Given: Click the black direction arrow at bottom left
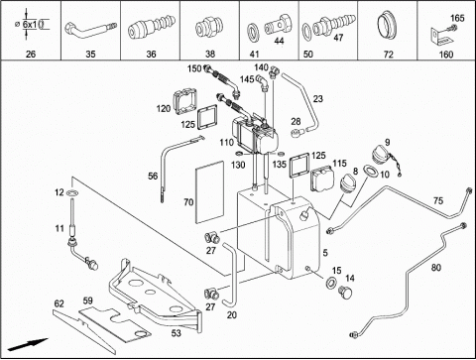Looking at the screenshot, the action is pos(28,344).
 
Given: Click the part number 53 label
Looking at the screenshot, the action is pos(177,333).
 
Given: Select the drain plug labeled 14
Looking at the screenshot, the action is pos(345,292).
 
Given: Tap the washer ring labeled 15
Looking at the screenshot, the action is pos(331,283).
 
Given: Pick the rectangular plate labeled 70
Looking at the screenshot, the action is pos(210,191).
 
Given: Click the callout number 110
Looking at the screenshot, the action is pos(227,143).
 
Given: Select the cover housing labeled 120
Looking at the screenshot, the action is pos(184,101).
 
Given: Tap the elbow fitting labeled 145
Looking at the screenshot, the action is pos(264,81).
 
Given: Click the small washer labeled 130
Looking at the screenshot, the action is pos(239,154).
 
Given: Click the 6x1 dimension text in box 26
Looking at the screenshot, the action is pos(30,24).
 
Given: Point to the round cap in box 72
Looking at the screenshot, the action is pos(388,27).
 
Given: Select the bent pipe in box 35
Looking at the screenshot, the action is pos(90,29).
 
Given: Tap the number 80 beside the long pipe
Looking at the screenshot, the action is pos(436,267).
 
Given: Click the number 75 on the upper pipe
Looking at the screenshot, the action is pos(438,200).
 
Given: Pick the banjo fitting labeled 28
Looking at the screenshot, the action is pos(297,133).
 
